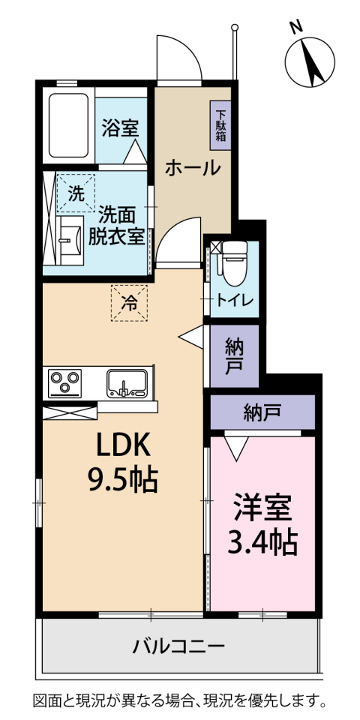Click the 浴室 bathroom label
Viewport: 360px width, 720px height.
120,128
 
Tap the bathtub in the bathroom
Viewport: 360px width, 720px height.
68,125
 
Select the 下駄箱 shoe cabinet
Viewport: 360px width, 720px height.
220,125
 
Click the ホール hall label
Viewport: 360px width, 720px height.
193,169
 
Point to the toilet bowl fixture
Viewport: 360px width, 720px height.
234,262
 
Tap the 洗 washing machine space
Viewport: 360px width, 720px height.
76,193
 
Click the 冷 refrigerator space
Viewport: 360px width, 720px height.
129,302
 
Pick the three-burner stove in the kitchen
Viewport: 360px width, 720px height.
64,383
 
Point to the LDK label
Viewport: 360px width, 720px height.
122,445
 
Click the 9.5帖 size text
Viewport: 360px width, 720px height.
122,479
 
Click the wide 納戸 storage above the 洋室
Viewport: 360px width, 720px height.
262,412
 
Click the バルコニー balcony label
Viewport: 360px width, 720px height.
179,647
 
